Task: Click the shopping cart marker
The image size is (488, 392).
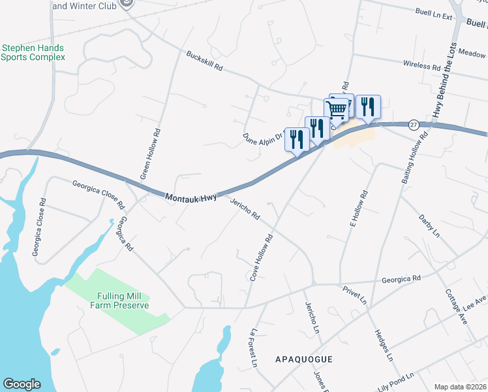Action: [x=336, y=109]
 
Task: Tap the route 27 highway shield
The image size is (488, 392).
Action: [x=414, y=124]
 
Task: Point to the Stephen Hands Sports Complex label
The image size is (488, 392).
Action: [x=33, y=52]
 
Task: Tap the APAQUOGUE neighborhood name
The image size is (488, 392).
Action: [x=304, y=359]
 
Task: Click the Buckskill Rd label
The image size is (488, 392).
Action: [x=205, y=62]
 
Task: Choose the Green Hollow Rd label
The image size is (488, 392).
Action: [x=149, y=155]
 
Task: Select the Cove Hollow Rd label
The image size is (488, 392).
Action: [x=261, y=255]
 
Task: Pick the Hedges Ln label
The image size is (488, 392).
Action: [x=384, y=346]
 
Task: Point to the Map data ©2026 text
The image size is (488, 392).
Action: [x=459, y=387]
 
